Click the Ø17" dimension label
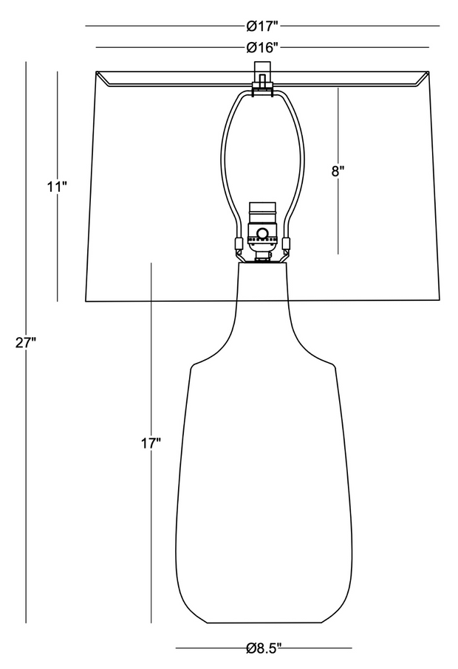pos(262,27)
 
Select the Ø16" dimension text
pos(262,47)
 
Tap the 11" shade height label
pos(58,187)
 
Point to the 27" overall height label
pos(26,342)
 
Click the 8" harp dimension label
pos(338,171)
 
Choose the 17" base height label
pos(151,444)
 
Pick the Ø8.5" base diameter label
pos(264,648)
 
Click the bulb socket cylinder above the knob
pos(262,214)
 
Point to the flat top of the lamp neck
pos(262,263)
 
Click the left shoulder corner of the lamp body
pos(193,365)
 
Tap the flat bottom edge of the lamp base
pos(264,623)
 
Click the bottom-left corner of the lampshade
pos(86,301)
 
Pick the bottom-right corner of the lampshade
pos(440,300)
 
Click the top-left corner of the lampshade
pos(96,72)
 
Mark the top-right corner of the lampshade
pos(429,72)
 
